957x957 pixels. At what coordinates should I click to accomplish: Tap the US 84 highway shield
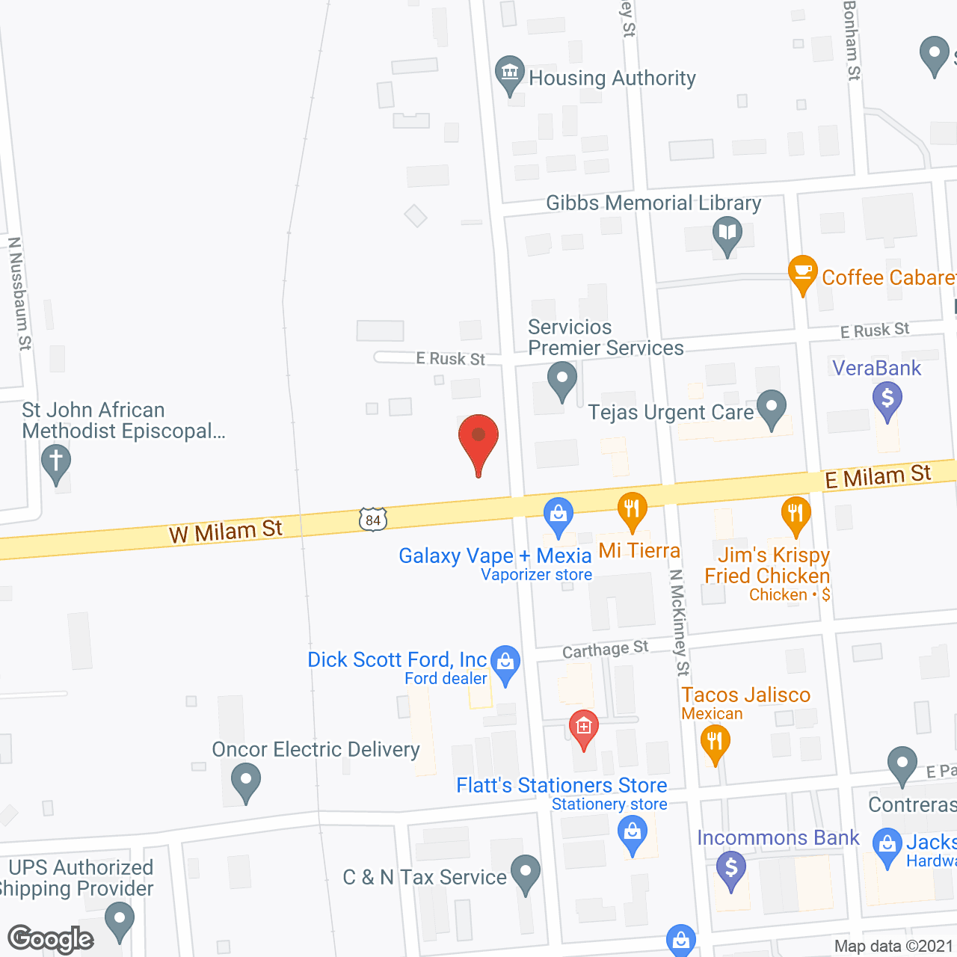click(x=373, y=520)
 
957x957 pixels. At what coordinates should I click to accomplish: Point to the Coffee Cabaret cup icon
click(x=803, y=272)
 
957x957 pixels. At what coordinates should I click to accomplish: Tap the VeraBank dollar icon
click(x=887, y=399)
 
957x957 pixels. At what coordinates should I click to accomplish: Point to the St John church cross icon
click(x=56, y=461)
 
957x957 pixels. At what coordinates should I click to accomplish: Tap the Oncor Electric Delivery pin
click(x=245, y=781)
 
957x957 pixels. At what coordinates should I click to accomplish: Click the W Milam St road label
click(x=226, y=531)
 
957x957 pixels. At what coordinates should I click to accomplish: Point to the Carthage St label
click(x=605, y=650)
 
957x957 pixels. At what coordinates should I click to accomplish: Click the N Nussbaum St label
click(x=20, y=293)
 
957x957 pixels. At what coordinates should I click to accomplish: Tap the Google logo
click(x=51, y=939)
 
